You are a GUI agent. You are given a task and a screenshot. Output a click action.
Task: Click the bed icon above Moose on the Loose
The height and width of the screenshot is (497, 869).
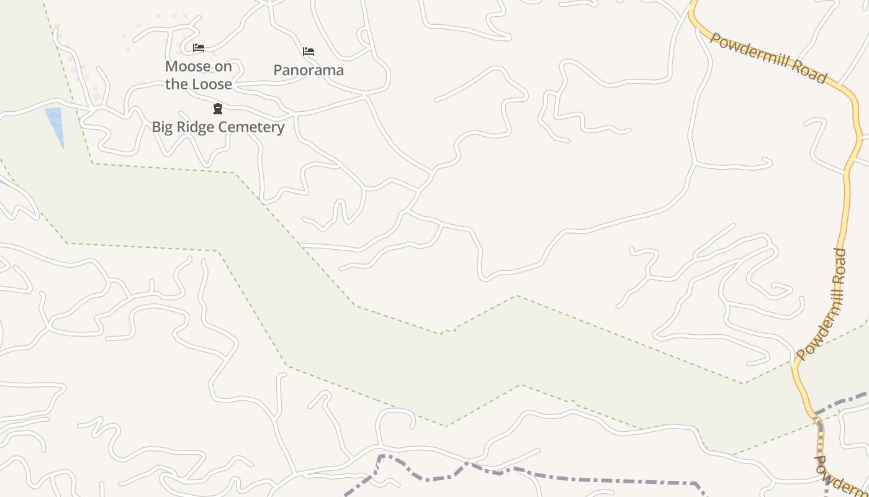(199, 47)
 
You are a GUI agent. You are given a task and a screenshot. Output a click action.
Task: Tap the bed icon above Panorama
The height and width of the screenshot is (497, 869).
(308, 51)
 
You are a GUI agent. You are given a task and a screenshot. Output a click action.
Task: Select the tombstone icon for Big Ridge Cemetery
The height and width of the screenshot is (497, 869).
(218, 109)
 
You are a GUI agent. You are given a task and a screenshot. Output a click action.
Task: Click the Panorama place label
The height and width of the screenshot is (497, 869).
(308, 70)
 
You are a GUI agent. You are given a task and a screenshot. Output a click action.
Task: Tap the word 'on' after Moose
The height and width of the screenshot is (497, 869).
(223, 66)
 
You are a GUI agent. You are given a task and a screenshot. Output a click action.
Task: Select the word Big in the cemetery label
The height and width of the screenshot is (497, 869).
(162, 127)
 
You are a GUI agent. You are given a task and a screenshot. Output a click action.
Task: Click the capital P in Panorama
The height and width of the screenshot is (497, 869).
(278, 70)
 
